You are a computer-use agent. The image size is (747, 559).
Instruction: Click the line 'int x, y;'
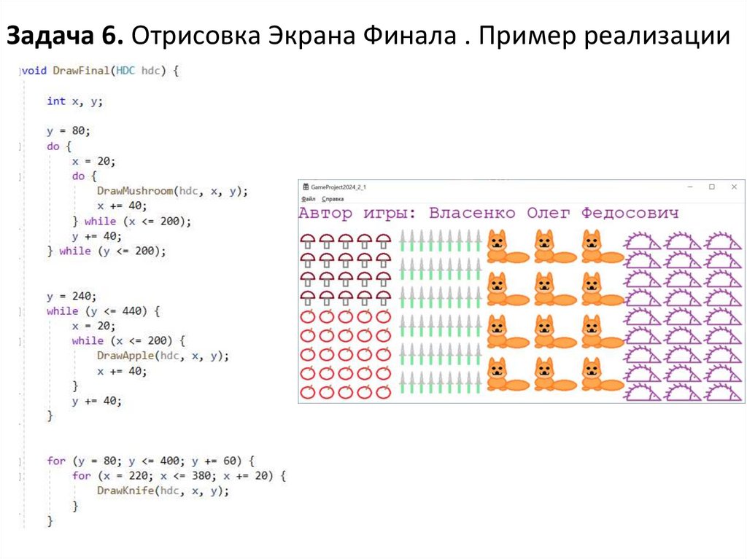click(x=75, y=101)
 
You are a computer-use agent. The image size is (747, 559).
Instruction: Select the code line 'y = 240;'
click(x=71, y=296)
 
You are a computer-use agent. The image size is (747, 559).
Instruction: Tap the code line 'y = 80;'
click(x=69, y=131)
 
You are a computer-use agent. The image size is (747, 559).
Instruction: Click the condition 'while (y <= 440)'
click(x=102, y=311)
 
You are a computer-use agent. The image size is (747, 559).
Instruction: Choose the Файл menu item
click(x=308, y=198)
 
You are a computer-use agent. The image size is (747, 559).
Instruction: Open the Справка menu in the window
click(x=333, y=198)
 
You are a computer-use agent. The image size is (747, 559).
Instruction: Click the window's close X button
click(x=734, y=187)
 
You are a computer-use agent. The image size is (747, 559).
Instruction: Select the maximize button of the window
click(x=712, y=187)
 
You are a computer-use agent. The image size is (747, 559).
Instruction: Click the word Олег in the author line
click(x=548, y=214)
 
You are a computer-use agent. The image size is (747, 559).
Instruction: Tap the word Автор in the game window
click(x=325, y=214)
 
